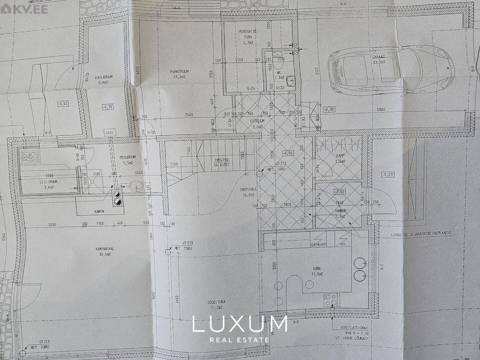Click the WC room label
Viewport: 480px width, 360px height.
pyautogui.click(x=279, y=73)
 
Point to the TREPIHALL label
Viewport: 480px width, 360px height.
pyautogui.click(x=248, y=190)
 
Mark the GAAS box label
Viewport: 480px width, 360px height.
pyautogui.click(x=110, y=132)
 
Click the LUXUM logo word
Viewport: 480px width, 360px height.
pyautogui.click(x=240, y=324)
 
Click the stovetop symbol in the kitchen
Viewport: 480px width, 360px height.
pyautogui.click(x=330, y=299)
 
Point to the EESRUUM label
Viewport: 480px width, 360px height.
pyautogui.click(x=258, y=121)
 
